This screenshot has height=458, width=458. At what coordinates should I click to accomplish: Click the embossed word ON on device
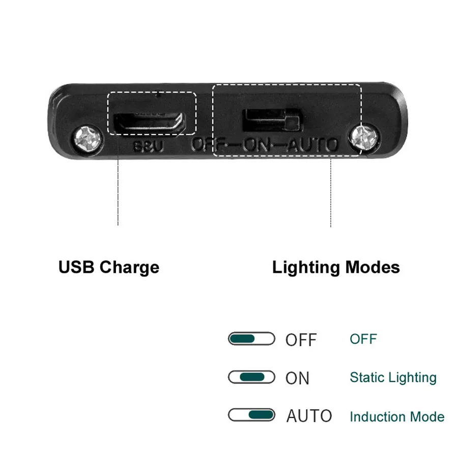coord(260,145)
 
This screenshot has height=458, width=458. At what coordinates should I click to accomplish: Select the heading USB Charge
coord(108,267)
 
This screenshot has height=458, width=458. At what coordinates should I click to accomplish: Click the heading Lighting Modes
coord(336,267)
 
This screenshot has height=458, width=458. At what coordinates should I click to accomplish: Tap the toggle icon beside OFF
coord(251,338)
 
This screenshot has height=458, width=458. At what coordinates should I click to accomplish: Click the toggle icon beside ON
coord(251,377)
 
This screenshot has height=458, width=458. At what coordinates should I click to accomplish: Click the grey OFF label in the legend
coord(301,339)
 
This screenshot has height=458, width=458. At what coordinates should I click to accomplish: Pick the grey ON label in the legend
coord(297,378)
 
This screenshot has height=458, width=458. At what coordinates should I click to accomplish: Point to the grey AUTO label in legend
coord(309,416)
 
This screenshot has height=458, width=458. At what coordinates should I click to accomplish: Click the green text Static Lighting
coord(393,378)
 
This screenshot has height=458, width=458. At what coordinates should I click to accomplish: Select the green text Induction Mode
coord(396,417)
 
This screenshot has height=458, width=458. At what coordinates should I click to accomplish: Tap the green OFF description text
coord(363,338)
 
